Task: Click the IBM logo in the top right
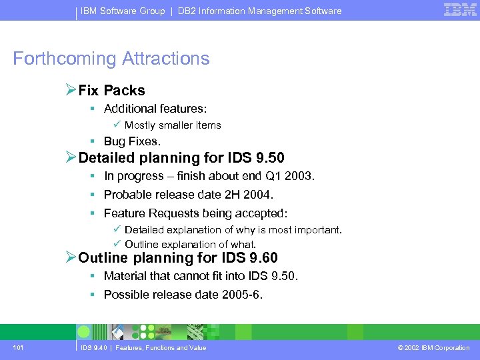[460, 10]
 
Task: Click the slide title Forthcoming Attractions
[111, 59]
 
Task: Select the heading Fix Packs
[111, 91]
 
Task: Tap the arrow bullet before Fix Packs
[71, 90]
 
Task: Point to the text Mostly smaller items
[173, 125]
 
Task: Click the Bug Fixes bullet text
[132, 141]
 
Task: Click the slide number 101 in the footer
[18, 347]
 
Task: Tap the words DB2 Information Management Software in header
[259, 11]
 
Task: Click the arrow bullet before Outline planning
[71, 257]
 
